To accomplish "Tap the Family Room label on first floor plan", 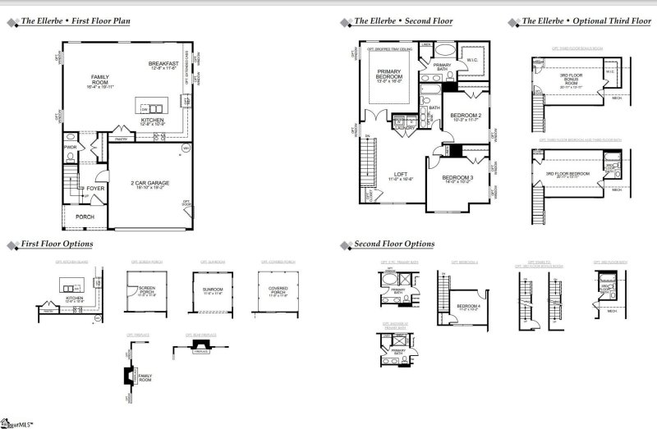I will click(x=100, y=79).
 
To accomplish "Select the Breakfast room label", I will click(x=164, y=63).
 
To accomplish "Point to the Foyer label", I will click(x=95, y=188).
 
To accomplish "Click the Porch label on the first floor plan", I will click(x=86, y=217).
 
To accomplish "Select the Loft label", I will click(x=401, y=174).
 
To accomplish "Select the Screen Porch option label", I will click(x=146, y=290).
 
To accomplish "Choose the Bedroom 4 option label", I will click(x=467, y=308).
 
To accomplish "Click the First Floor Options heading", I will click(x=57, y=244).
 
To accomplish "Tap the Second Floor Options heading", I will click(x=394, y=244).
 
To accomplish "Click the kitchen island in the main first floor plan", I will click(x=153, y=107).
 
